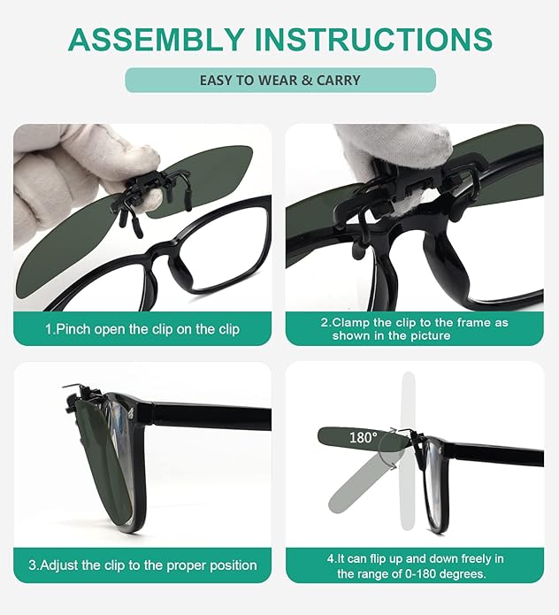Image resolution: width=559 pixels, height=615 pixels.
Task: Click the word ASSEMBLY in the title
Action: pyautogui.click(x=156, y=39)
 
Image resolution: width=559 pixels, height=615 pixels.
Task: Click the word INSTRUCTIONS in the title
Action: pyautogui.click(x=373, y=39)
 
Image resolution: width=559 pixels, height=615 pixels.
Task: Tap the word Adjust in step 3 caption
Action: pyautogui.click(x=59, y=565)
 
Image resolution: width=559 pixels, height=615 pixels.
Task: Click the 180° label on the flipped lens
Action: pyautogui.click(x=363, y=437)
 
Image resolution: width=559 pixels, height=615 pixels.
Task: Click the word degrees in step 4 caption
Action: pyautogui.click(x=463, y=574)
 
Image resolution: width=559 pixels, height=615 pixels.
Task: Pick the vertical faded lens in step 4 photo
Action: pyautogui.click(x=409, y=451)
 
